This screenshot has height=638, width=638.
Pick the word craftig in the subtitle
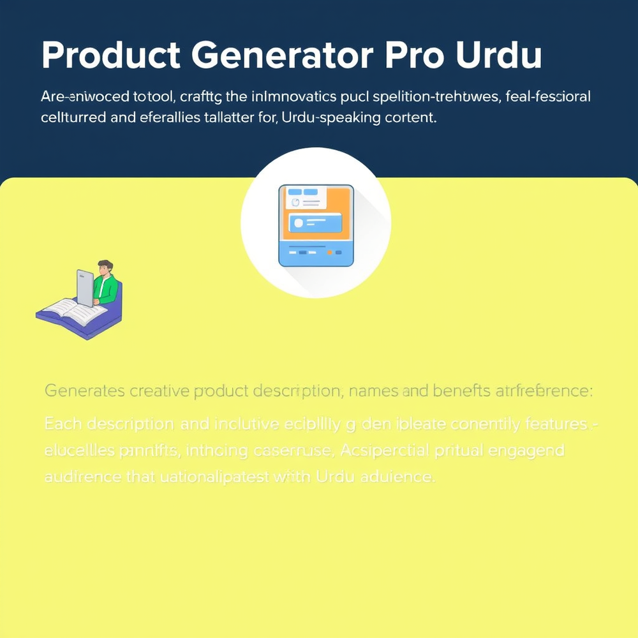[x=201, y=98]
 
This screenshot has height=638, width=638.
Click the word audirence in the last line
[x=77, y=476]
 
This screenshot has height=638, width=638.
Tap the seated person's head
[x=104, y=268]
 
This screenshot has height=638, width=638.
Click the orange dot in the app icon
[x=330, y=253]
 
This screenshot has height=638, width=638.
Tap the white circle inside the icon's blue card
[x=298, y=223]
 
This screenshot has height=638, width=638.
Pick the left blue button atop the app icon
[x=294, y=191]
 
